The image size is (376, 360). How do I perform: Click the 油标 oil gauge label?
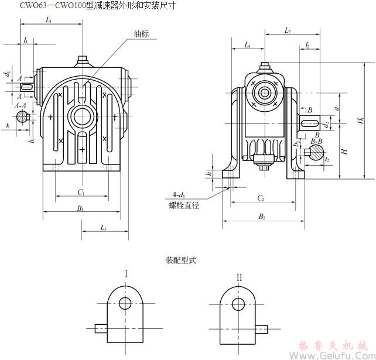point(141,34)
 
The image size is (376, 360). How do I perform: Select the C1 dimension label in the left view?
point(81,192)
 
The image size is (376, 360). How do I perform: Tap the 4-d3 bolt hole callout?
point(180,195)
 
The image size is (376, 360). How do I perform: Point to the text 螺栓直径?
point(183,205)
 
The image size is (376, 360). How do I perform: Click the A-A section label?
point(20,105)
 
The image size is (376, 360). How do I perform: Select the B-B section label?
point(316,142)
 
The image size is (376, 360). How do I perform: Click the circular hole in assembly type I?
point(126,303)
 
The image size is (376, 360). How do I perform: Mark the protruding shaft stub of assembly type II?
point(262,328)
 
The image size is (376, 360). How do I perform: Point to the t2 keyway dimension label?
point(327,159)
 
